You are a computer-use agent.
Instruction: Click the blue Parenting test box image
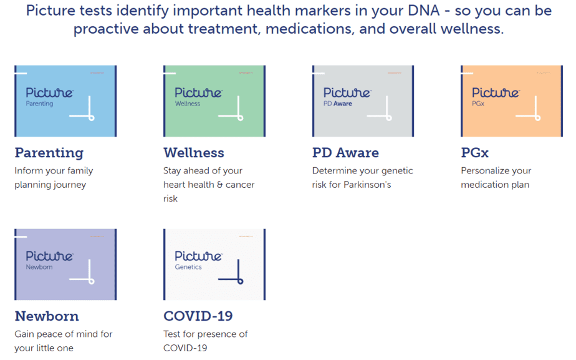65,100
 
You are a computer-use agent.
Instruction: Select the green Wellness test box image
214,100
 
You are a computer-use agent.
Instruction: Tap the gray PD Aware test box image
363,100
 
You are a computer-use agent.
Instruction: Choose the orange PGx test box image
511,100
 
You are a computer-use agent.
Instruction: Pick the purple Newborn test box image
65,264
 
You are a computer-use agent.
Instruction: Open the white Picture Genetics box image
214,264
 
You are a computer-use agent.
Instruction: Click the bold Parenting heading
49,153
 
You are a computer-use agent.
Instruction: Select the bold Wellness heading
193,153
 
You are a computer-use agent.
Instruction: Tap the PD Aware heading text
345,153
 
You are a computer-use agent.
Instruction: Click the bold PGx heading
477,153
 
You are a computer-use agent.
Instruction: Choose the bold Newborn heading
47,316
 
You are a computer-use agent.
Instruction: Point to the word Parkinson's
367,185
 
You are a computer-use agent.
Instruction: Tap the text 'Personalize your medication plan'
496,178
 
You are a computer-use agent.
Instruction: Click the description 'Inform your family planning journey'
54,178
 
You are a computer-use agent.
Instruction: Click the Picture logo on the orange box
496,92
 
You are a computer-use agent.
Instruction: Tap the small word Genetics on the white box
188,267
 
